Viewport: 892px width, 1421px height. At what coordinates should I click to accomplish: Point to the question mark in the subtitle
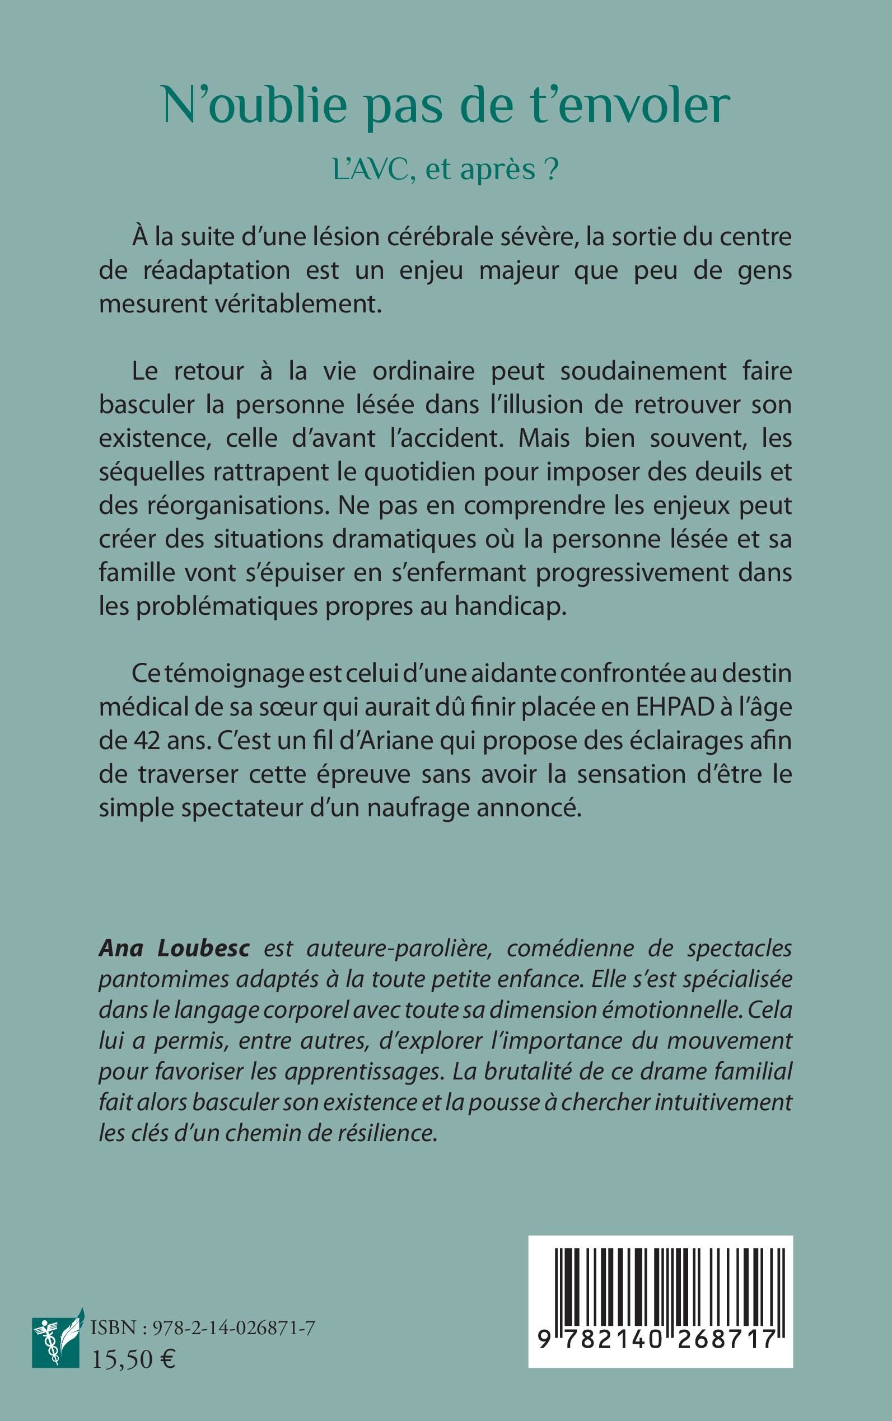click(x=551, y=170)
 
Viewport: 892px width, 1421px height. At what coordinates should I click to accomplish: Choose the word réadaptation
click(x=217, y=271)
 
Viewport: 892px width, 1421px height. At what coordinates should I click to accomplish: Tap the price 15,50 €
click(x=133, y=1359)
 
